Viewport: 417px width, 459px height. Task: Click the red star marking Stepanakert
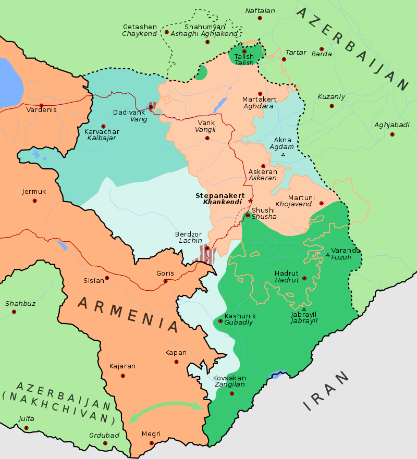pos(250,201)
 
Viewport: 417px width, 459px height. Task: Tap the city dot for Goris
pos(166,281)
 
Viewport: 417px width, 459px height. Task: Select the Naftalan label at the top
pos(260,10)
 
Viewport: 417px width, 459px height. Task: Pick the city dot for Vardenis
pos(41,105)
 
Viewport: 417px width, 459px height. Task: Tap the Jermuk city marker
pos(34,200)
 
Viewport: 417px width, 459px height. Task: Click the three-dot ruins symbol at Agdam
pos(283,155)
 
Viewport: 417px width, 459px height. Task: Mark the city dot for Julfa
pos(26,428)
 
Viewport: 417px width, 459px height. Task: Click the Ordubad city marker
pos(105,443)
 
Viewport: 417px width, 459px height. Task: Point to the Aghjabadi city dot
pos(392,134)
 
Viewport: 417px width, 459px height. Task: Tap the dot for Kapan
pos(176,362)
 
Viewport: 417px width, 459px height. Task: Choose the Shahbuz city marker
pos(14,312)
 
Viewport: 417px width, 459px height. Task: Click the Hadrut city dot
pos(304,278)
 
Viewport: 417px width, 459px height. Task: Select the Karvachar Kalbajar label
pos(102,134)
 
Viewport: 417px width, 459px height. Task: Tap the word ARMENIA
pos(128,314)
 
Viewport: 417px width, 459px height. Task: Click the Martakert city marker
pos(260,94)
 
